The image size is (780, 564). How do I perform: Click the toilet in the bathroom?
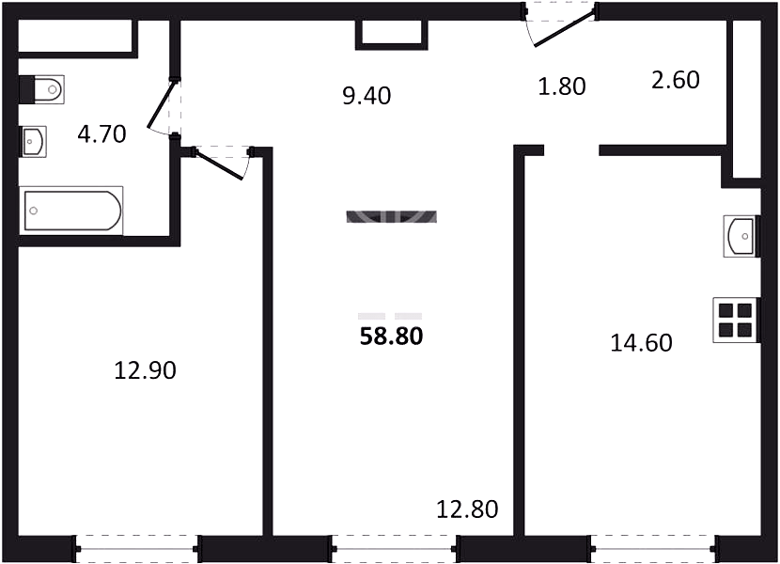(x=41, y=89)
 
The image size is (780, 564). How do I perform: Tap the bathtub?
(x=71, y=211)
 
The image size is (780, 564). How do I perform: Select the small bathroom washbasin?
(x=33, y=141)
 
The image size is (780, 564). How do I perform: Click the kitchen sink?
(x=741, y=236)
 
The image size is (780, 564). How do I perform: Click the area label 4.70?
(x=102, y=134)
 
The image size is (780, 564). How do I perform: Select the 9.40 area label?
(x=367, y=96)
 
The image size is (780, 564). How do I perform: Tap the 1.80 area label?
(x=562, y=86)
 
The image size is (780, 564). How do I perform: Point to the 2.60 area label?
(x=676, y=80)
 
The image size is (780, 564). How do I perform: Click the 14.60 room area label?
(x=641, y=343)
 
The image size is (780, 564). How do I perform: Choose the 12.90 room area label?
(x=146, y=371)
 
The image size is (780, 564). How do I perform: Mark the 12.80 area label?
(x=467, y=509)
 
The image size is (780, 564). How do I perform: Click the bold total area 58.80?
(x=392, y=337)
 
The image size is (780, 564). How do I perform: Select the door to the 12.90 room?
(x=220, y=164)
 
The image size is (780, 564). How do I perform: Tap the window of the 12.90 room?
(x=136, y=549)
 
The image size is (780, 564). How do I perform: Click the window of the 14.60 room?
(x=654, y=549)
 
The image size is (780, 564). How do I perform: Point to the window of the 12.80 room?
(x=394, y=549)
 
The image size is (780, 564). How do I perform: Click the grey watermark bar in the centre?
(x=392, y=216)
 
